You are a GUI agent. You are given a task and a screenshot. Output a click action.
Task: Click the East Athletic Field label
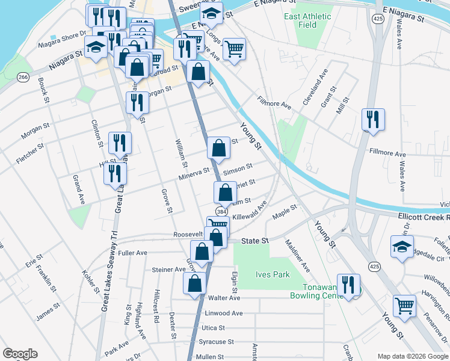(308, 20)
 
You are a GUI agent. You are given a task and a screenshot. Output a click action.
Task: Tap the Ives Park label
(273, 274)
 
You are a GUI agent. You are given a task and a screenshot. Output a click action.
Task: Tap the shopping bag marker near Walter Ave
(194, 285)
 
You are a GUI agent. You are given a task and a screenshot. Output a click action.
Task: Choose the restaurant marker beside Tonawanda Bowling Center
(348, 286)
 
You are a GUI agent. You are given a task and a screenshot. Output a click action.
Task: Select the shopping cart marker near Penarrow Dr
(404, 305)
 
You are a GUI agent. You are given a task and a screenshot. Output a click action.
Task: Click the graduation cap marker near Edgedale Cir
(402, 247)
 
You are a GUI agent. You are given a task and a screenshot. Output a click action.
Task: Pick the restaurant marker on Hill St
(114, 173)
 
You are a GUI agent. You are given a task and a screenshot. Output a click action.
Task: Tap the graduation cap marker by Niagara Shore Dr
(95, 48)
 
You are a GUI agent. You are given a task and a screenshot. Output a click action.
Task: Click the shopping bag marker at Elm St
(225, 193)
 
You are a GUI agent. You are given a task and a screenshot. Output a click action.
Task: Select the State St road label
(254, 241)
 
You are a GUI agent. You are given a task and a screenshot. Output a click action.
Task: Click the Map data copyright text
(412, 356)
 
